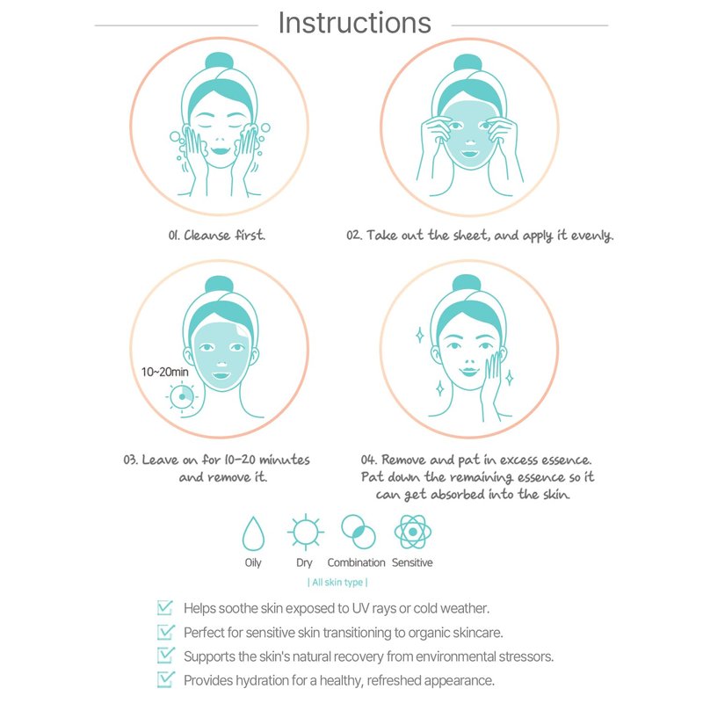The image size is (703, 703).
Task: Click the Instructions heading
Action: [x=354, y=23]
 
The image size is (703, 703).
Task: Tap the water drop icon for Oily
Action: [x=253, y=533]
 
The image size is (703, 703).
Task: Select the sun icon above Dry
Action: [x=305, y=533]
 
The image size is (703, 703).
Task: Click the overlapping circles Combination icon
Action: [x=359, y=532]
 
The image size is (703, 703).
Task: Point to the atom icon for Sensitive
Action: [x=413, y=532]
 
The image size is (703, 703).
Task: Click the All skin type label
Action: [x=337, y=583]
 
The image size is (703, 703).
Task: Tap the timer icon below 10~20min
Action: [x=182, y=397]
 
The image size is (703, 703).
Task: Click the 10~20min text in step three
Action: [x=164, y=372]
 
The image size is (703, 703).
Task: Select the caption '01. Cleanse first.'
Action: [x=217, y=235]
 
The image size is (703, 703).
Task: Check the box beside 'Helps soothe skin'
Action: [x=165, y=608]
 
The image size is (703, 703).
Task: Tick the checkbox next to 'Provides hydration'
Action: [x=165, y=679]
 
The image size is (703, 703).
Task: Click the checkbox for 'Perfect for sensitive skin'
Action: [x=165, y=632]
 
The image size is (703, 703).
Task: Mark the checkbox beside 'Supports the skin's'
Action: [x=165, y=656]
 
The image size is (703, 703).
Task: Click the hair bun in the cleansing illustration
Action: [x=219, y=61]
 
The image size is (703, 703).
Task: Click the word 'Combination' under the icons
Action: [x=357, y=562]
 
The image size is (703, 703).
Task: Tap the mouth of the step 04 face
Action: [x=469, y=372]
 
